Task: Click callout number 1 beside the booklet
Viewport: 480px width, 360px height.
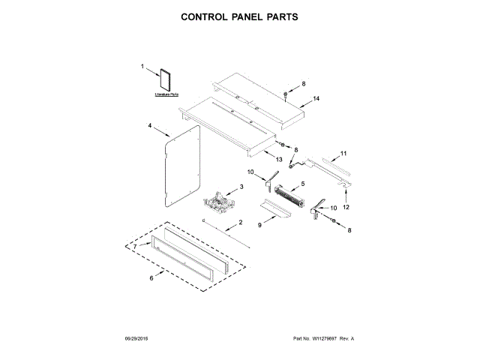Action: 142,68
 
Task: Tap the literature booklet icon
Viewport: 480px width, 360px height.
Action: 166,80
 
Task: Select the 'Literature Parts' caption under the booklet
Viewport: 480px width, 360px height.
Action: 166,94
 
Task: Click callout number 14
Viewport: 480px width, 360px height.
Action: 316,99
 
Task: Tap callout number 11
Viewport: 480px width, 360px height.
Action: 343,154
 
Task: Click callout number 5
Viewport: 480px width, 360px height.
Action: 302,184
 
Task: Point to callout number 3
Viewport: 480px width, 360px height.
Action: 241,187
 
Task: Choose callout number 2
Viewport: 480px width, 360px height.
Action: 241,223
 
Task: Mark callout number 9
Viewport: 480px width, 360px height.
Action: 262,224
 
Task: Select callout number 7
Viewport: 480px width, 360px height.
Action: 136,246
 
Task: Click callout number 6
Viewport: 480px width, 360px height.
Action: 151,278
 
